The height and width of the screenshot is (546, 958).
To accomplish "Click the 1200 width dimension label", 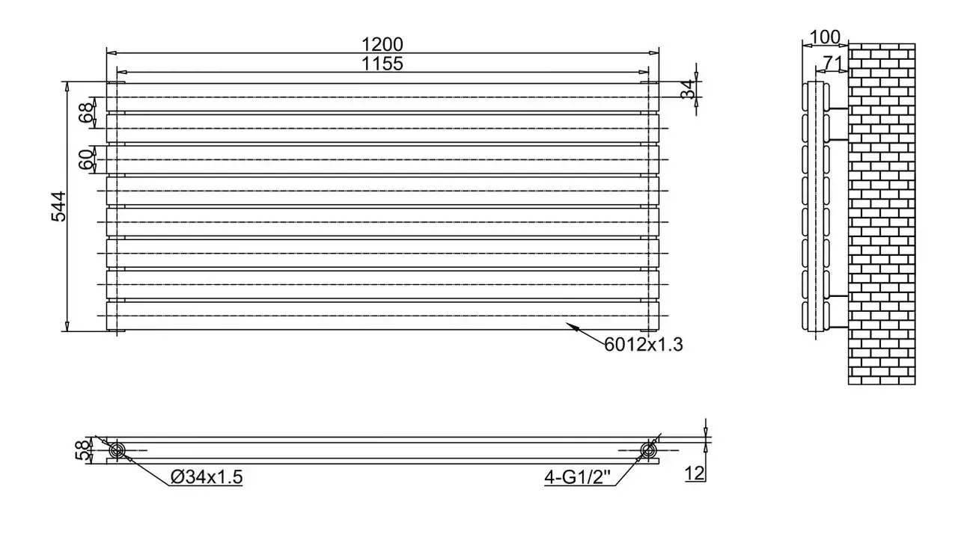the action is coord(382,44).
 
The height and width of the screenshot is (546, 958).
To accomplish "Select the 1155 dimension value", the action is coord(382,64).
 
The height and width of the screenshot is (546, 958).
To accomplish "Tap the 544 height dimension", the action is coord(59,206).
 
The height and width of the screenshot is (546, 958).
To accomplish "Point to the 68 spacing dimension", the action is coord(86,112).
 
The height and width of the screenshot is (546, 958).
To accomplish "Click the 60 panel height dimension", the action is coord(86,159).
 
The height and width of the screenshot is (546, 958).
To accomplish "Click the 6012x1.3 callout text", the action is coord(644,344).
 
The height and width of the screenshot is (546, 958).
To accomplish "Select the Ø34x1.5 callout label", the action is coord(207,476).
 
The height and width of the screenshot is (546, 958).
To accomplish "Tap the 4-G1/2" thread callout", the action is coord(578,476).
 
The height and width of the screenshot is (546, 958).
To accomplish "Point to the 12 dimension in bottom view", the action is coord(695,473).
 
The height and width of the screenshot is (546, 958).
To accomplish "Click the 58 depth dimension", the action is coord(83,450).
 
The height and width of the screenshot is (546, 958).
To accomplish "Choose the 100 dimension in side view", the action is coord(825,37).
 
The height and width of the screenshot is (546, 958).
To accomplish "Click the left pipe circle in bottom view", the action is coord(116,450).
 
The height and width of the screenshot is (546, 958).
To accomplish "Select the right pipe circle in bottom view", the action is coord(648,450).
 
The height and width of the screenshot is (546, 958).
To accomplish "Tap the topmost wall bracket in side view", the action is coord(839,108).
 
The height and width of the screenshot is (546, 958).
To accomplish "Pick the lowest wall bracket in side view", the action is coord(839,328).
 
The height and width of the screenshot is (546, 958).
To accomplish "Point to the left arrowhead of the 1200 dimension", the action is coord(112,53).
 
